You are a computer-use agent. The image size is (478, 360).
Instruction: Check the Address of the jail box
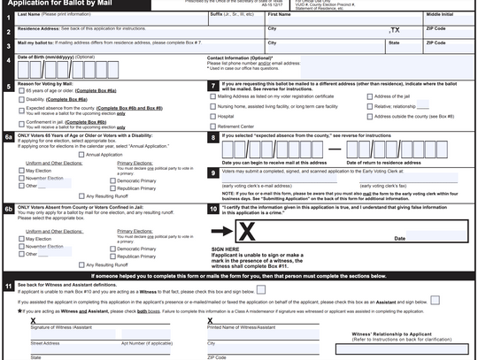tap(371, 96)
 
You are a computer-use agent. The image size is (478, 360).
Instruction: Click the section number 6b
tap(8, 209)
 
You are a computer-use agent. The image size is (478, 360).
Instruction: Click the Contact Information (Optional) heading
tap(240, 57)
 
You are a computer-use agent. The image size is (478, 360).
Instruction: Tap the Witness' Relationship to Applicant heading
tap(402, 334)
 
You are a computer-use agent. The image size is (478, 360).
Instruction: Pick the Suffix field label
tap(216, 14)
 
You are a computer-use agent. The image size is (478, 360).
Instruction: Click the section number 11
tap(8, 287)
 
